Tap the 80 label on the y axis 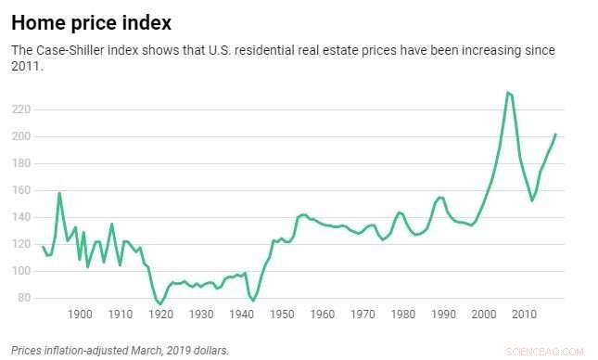click(23, 298)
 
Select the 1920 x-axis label click(160, 315)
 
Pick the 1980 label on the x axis click(402, 315)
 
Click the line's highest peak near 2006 click(507, 93)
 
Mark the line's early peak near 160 click(59, 193)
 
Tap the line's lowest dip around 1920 click(160, 303)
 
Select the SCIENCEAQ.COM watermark click(553, 352)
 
